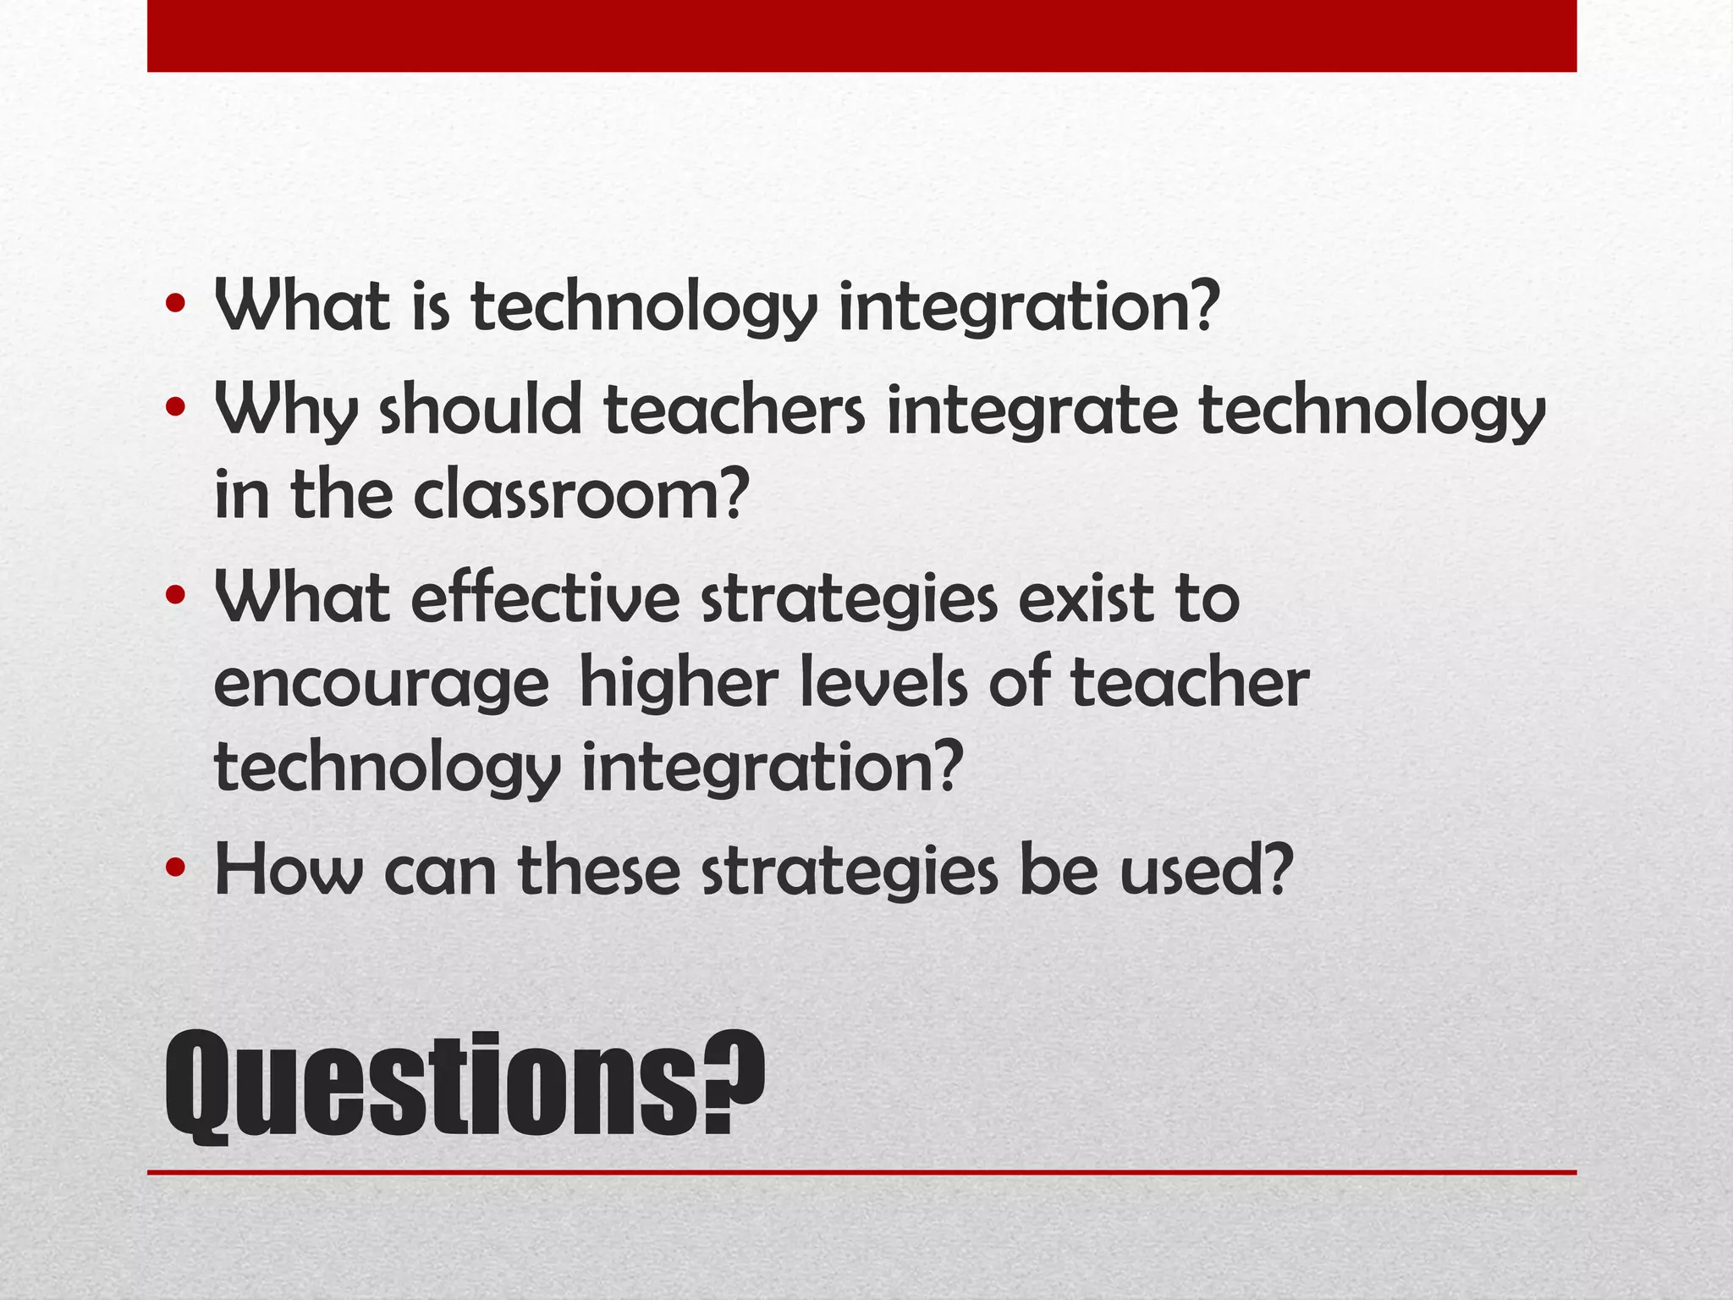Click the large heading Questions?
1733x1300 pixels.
pyautogui.click(x=464, y=1085)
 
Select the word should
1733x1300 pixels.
pyautogui.click(x=490, y=410)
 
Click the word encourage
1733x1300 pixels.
pyautogui.click(x=382, y=684)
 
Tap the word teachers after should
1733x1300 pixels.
pyautogui.click(x=734, y=410)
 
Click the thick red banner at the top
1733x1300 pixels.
pyautogui.click(x=861, y=36)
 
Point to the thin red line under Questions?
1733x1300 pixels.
pyautogui.click(x=861, y=1172)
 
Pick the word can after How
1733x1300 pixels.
pyautogui.click(x=440, y=872)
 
